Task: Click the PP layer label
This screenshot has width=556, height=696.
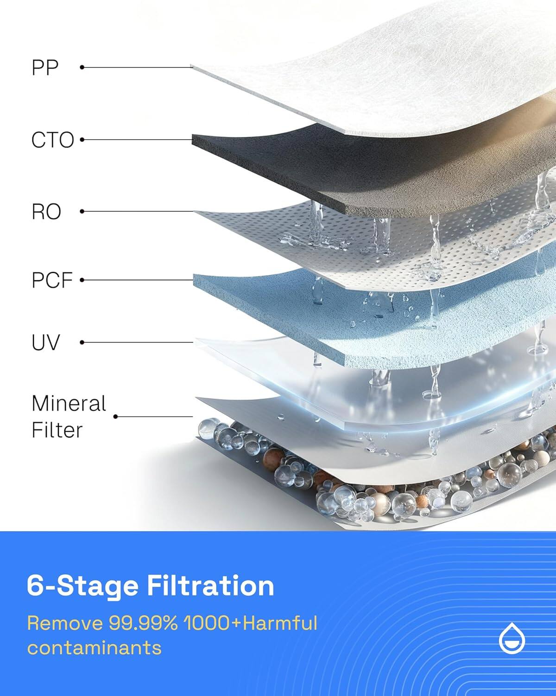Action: [x=45, y=68]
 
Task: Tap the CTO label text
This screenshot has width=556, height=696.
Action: [x=52, y=140]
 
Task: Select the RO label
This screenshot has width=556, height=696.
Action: [x=46, y=212]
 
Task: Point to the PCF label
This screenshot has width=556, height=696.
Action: [x=52, y=281]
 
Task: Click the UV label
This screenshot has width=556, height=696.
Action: [x=46, y=343]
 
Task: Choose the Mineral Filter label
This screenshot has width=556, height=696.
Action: [x=69, y=417]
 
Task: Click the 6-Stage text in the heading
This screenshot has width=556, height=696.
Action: [x=82, y=586]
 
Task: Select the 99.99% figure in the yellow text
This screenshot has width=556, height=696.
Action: [x=143, y=623]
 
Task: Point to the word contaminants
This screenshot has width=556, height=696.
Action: [x=94, y=647]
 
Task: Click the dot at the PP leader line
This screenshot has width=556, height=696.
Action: [x=82, y=67]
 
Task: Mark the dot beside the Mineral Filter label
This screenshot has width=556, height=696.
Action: [x=116, y=417]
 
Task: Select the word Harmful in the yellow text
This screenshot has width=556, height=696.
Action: [x=280, y=623]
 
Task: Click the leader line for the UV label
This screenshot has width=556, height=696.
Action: [x=139, y=342]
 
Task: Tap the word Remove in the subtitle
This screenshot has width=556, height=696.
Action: [x=65, y=623]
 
